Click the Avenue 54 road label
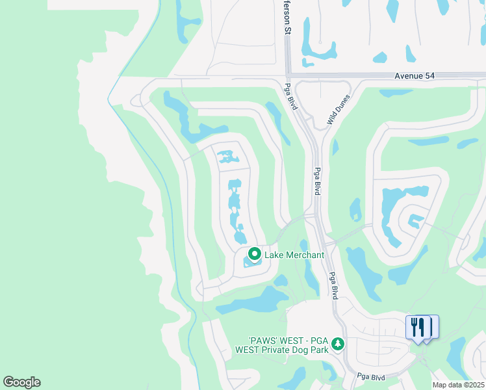tap(415, 76)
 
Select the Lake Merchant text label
tap(294, 255)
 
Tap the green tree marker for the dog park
tap(337, 343)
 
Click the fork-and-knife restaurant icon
tap(418, 326)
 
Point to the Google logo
tap(21, 382)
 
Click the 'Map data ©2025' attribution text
tap(459, 385)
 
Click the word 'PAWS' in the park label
tap(264, 340)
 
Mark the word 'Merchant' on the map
tap(303, 255)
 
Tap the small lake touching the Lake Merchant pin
tap(252, 262)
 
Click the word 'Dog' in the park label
tap(298, 349)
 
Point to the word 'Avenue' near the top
tap(408, 76)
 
